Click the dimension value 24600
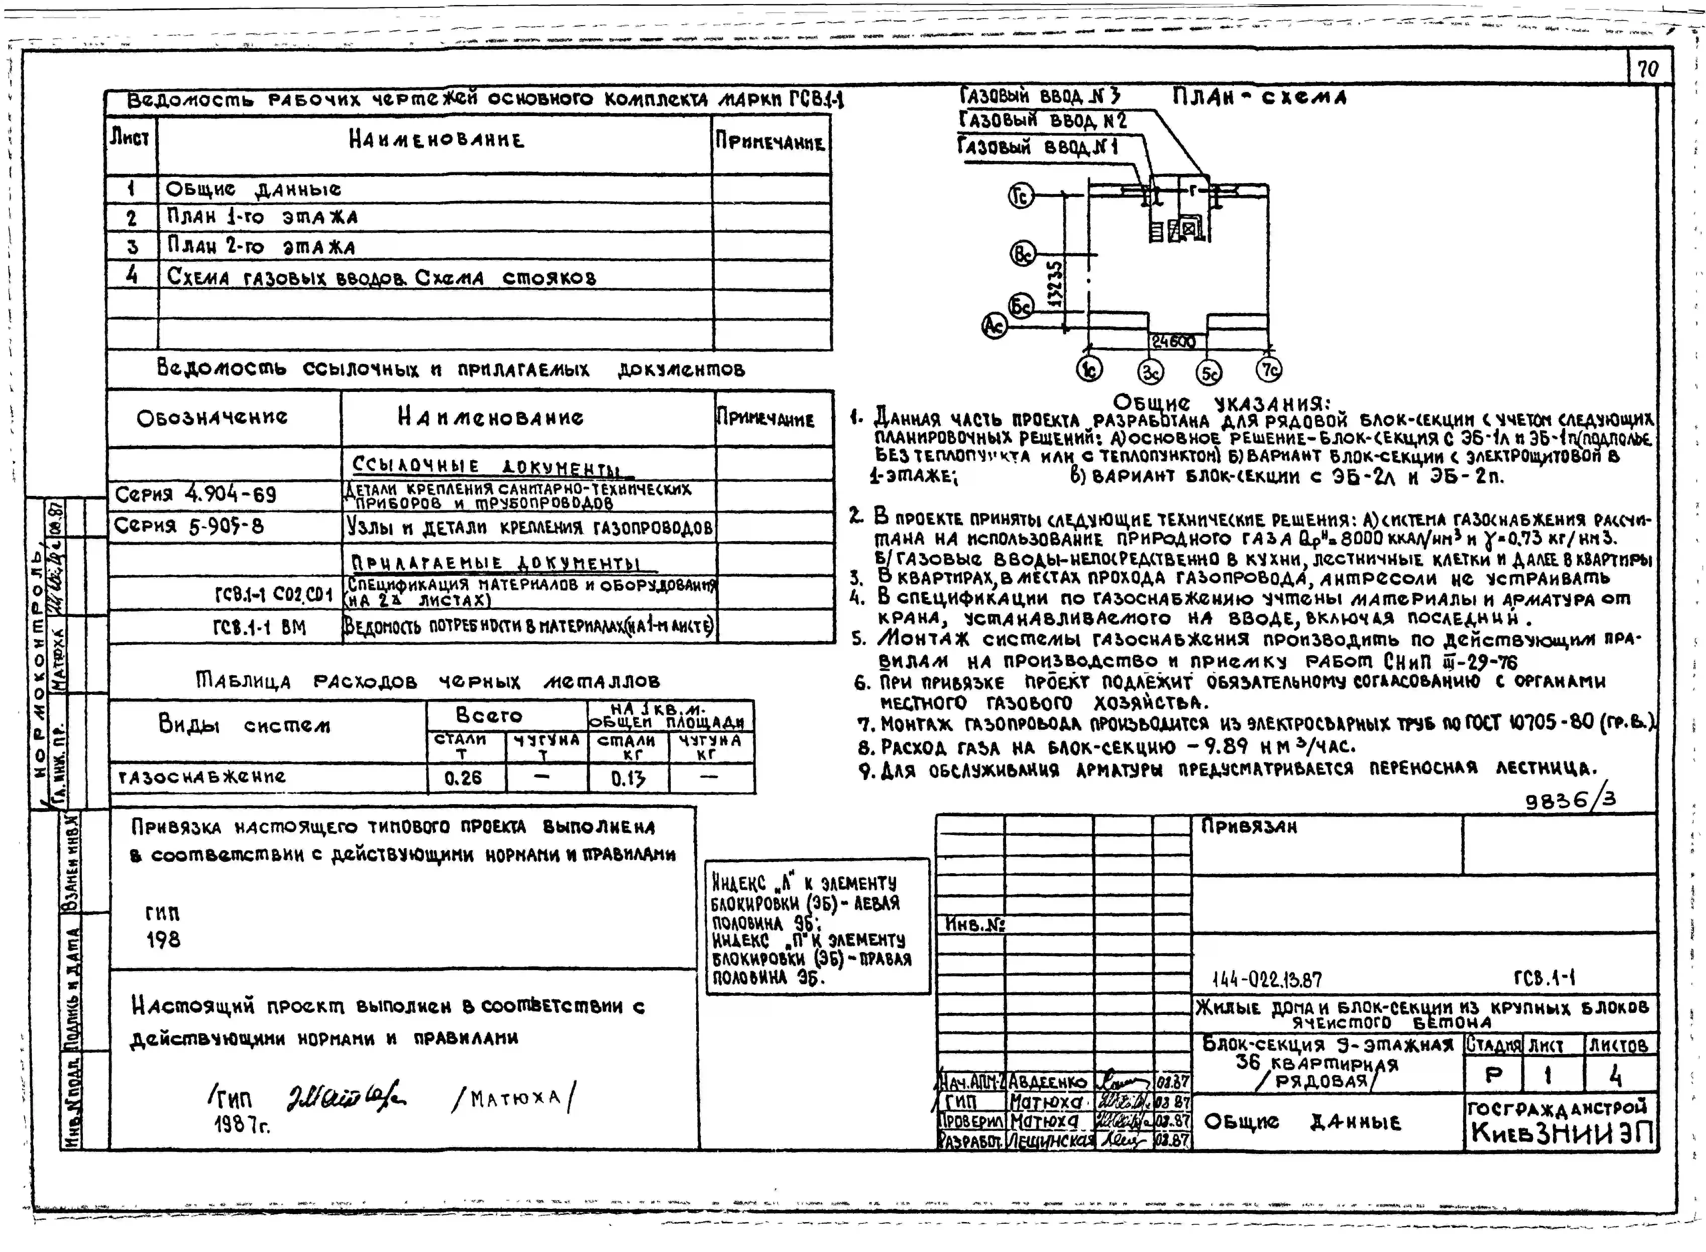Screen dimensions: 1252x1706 (x=1173, y=342)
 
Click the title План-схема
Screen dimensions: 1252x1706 (x=1259, y=97)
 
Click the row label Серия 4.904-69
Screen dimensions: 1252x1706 (x=195, y=495)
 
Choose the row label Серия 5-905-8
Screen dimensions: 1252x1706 (x=189, y=526)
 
